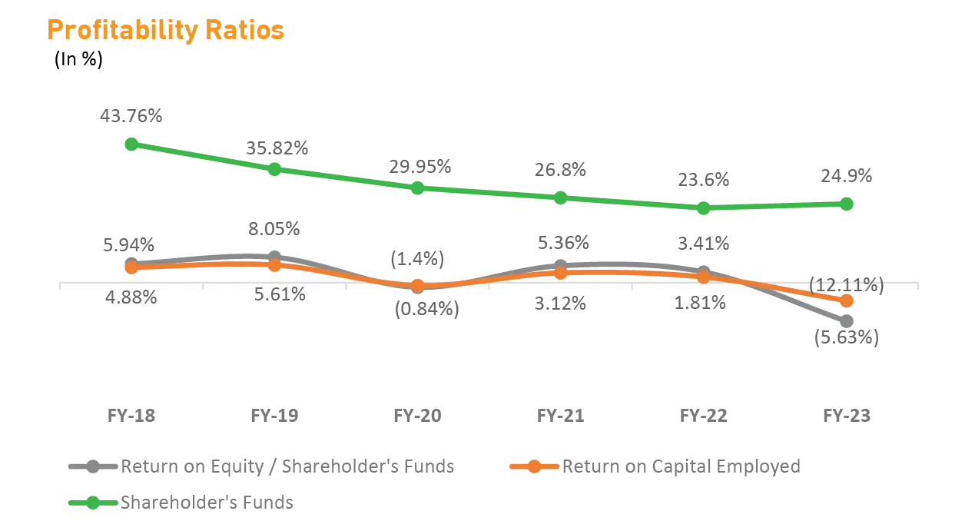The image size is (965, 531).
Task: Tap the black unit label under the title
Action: coord(79,61)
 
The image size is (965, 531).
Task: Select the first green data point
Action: coord(131,144)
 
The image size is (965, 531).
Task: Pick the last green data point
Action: coord(847,204)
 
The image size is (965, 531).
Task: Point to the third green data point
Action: coord(417,188)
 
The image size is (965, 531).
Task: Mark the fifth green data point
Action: coord(703,207)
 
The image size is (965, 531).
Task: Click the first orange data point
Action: coord(131,267)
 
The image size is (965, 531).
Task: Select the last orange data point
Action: coord(847,300)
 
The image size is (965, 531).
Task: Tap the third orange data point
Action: coord(417,285)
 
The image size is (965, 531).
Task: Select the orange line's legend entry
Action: coord(657,466)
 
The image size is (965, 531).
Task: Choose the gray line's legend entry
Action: coord(261,466)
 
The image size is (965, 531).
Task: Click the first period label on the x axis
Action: coord(131,416)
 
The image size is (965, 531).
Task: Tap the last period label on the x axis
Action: coord(847,416)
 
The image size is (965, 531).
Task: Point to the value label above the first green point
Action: coord(131,115)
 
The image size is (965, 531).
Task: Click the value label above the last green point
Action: coord(845,176)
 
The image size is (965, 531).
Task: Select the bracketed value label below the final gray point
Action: coord(845,338)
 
